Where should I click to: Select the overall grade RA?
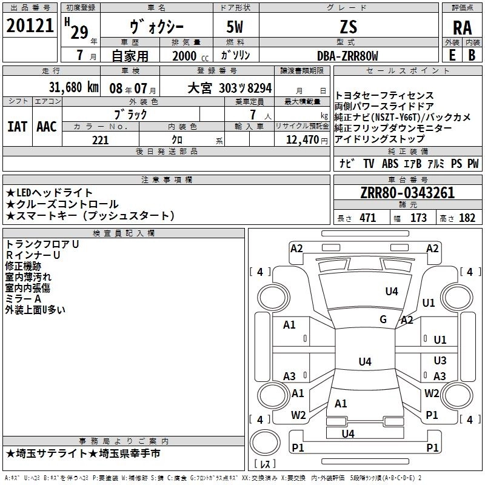462,27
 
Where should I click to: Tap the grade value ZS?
349,27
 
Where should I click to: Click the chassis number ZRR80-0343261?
407,193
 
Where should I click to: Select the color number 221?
100,140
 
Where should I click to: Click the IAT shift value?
17,127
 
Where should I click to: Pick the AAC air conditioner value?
47,127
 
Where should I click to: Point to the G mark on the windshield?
383,319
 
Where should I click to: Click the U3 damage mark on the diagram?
440,360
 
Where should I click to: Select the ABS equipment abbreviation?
390,164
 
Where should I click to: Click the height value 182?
467,218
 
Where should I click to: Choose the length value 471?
367,218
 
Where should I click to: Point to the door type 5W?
236,27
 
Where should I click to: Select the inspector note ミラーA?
24,298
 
